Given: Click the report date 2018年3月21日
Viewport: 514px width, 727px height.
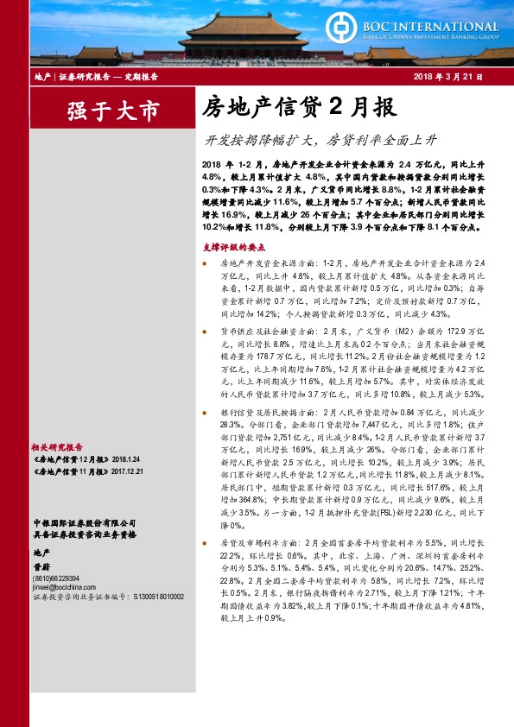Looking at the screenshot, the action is [x=447, y=78].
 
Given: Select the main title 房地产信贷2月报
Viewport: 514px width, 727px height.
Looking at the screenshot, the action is [x=287, y=107].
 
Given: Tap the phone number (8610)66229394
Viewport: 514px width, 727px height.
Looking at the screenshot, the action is [x=57, y=578].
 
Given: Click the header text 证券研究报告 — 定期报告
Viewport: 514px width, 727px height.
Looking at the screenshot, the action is [x=107, y=78].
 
